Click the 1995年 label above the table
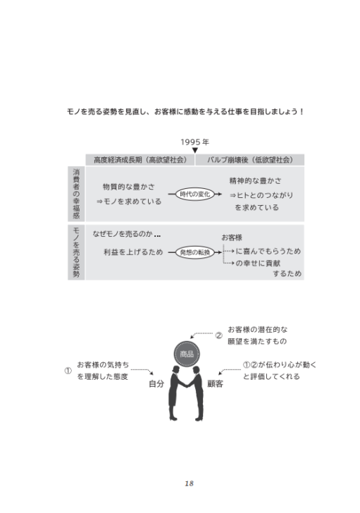(x=195, y=142)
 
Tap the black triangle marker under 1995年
(x=195, y=151)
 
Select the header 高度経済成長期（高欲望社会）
(x=140, y=160)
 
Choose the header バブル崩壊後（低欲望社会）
(x=250, y=160)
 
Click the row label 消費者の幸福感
(x=76, y=194)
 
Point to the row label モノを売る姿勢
(x=76, y=252)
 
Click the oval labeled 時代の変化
(x=195, y=194)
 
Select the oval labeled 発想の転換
(x=195, y=252)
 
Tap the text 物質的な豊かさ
(x=129, y=187)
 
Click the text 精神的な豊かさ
(x=255, y=180)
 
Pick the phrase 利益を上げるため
(x=133, y=252)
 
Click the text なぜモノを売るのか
(x=123, y=234)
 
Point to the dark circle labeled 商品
(x=187, y=354)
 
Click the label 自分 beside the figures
(x=156, y=384)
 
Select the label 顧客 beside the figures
(x=216, y=384)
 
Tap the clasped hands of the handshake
(x=187, y=384)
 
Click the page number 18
(x=189, y=483)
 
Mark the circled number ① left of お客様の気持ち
(x=68, y=371)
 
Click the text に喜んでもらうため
(x=268, y=251)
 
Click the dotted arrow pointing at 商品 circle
(x=201, y=334)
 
